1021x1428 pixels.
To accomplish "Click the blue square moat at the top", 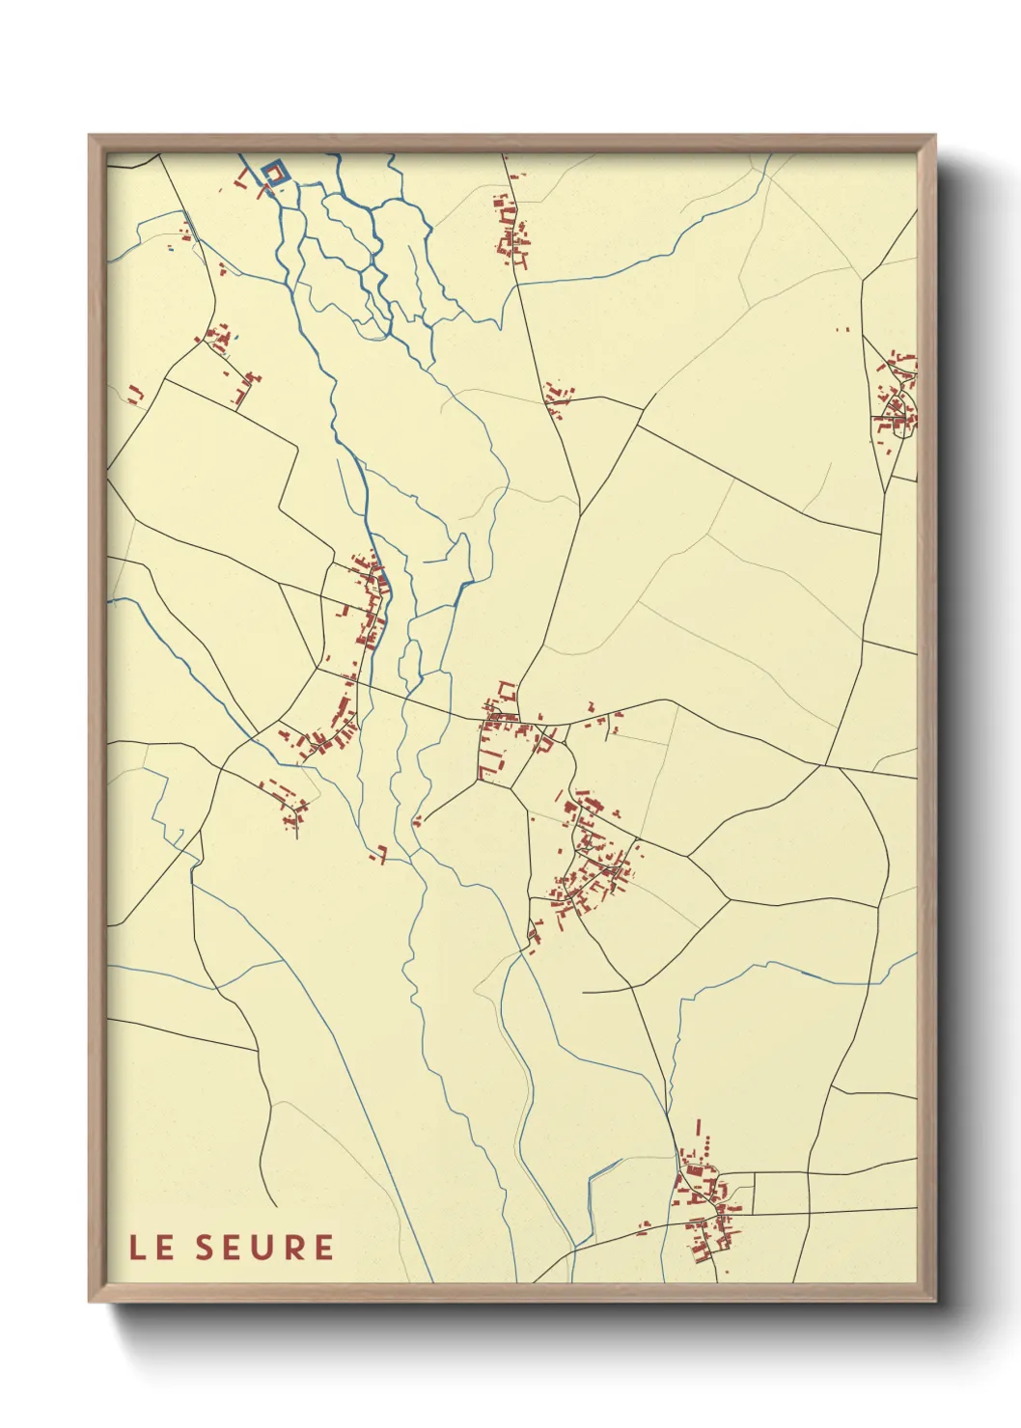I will [x=274, y=173].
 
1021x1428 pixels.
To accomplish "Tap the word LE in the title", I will [x=152, y=1247].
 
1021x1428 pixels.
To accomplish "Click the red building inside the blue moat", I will [x=274, y=174].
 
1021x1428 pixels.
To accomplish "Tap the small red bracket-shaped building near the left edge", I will [x=135, y=394].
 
